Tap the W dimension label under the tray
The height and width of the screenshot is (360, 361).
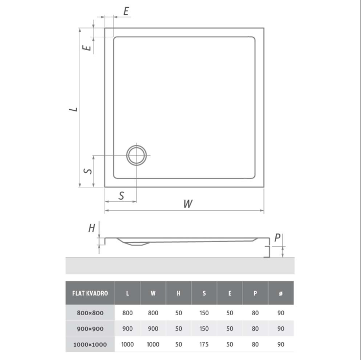(188, 204)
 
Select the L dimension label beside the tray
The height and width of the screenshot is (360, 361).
(74, 109)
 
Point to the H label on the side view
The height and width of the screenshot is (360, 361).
(91, 228)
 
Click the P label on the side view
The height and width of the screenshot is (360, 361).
(277, 238)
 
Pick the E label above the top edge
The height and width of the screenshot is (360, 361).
(126, 11)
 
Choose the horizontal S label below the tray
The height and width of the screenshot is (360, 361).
(122, 196)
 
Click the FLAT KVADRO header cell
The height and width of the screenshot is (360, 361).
(90, 293)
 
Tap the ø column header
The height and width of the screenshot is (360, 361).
(281, 293)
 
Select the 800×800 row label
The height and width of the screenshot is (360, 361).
(90, 313)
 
